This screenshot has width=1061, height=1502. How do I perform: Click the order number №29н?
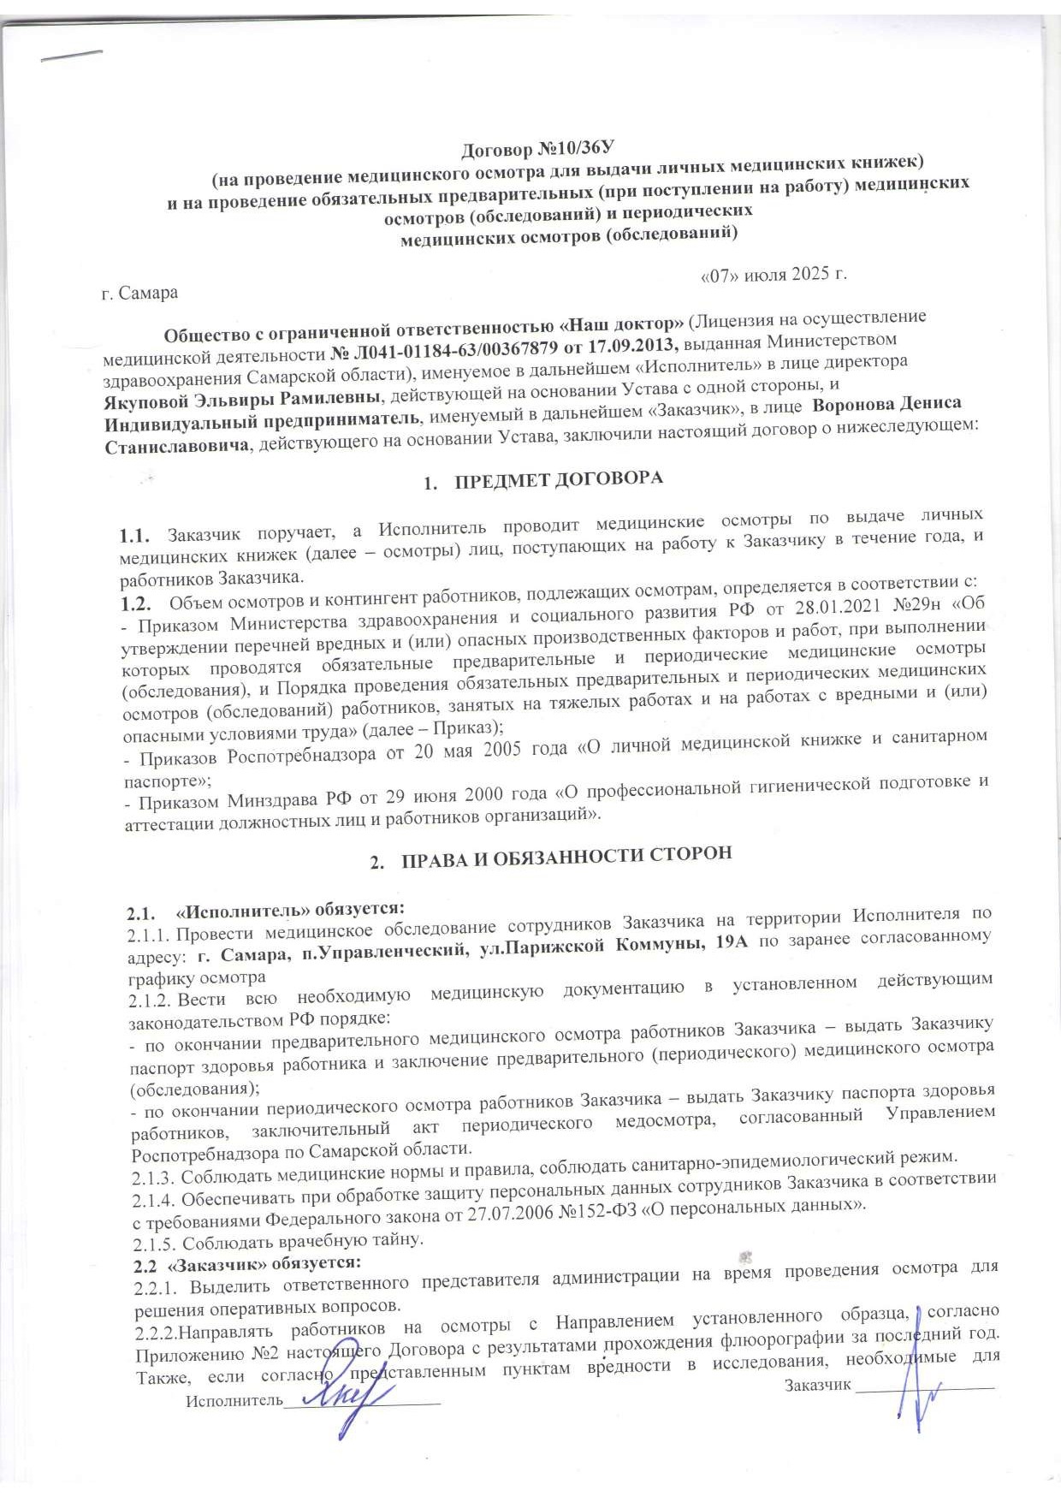pos(910,605)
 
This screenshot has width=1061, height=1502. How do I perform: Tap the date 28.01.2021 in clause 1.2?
pos(816,609)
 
